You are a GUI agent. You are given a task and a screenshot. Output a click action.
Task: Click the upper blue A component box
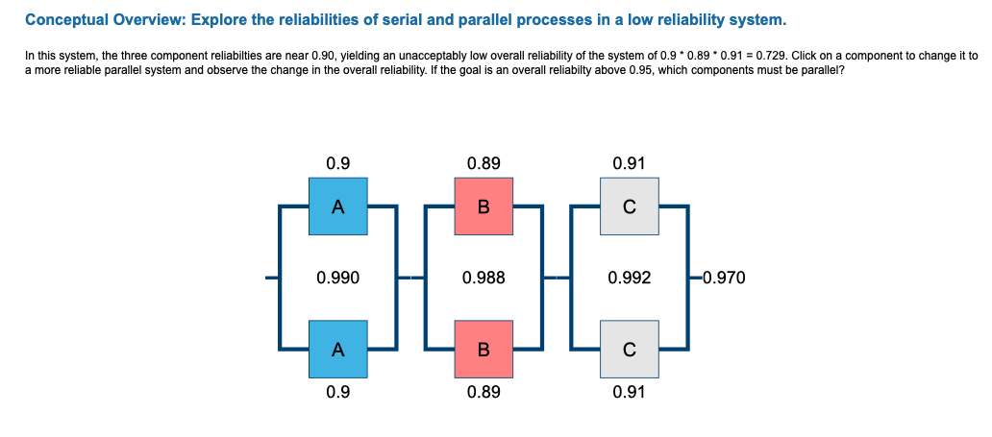point(337,206)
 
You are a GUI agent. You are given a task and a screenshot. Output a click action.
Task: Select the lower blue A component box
point(337,351)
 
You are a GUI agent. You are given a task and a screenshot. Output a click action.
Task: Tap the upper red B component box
point(484,206)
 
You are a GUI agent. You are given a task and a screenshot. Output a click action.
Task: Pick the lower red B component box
point(484,351)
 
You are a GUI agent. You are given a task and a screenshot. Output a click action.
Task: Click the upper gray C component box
point(629,206)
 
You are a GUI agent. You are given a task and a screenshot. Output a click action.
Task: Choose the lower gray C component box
point(629,351)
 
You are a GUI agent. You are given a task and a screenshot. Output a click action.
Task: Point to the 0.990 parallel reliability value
point(337,279)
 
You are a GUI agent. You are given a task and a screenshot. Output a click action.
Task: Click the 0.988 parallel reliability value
point(484,279)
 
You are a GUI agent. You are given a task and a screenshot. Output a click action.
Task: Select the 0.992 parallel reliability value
point(629,279)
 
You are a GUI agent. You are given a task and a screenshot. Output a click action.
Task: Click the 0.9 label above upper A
point(337,163)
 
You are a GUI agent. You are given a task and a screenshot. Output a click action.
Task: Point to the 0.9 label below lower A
point(337,393)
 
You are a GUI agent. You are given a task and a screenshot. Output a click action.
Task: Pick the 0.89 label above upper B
point(484,163)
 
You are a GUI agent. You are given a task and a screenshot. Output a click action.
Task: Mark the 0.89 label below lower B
point(484,393)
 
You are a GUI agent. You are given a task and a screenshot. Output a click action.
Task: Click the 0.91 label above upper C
point(629,163)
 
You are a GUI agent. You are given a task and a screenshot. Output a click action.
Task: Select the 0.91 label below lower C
point(629,393)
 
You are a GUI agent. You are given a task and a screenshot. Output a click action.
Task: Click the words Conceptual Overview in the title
point(96,19)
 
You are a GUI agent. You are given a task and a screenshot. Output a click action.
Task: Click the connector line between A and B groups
point(411,279)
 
